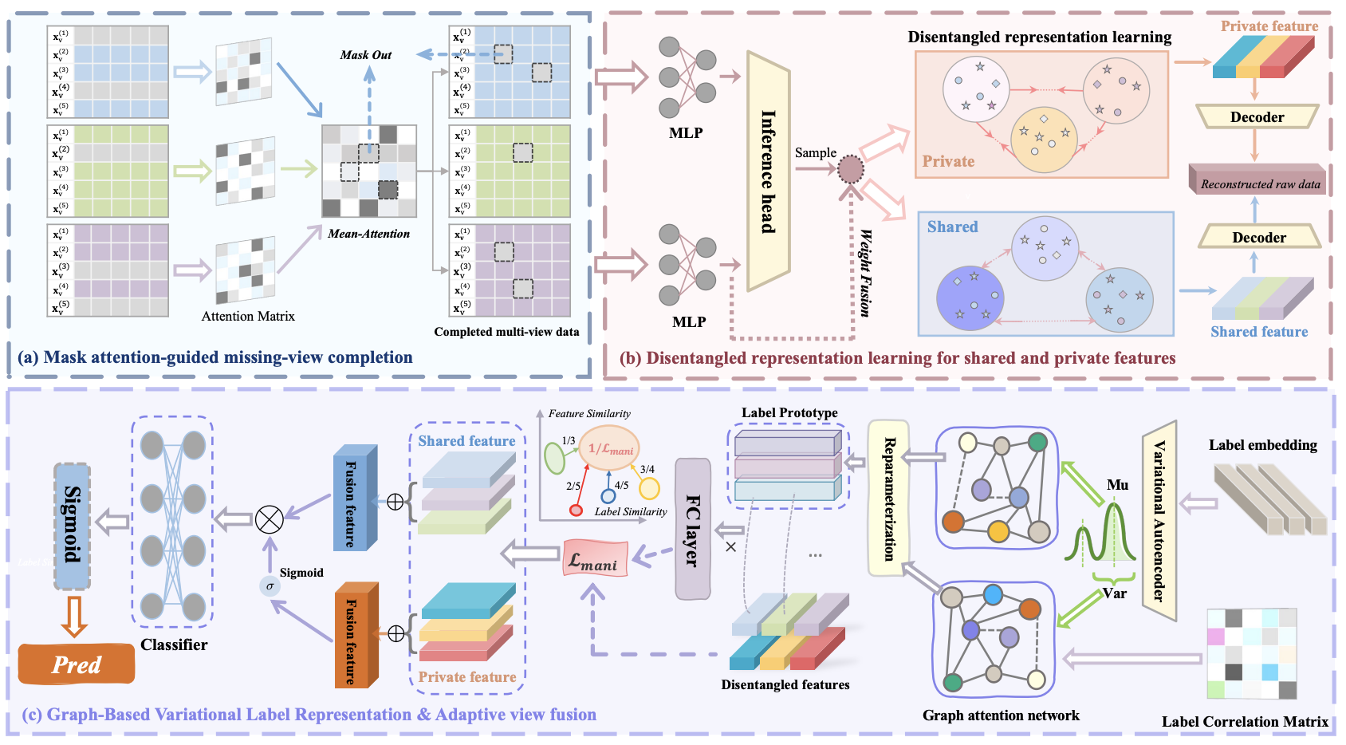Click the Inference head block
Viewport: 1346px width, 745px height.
coord(768,171)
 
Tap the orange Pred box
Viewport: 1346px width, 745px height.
coord(77,664)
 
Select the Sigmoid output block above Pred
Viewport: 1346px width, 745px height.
coord(72,526)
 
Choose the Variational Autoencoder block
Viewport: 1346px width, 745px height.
coord(1159,520)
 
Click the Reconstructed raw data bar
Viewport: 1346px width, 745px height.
coord(1257,182)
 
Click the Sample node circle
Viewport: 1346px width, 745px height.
coord(851,169)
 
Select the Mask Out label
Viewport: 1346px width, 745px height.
coord(365,55)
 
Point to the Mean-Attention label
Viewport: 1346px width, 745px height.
coord(368,234)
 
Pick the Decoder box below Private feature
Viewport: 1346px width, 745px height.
coord(1257,117)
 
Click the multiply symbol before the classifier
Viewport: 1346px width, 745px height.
coord(270,520)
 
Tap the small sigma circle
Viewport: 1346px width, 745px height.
coord(270,586)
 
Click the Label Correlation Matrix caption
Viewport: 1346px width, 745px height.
coord(1244,722)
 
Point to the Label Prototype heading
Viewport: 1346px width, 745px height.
coord(789,413)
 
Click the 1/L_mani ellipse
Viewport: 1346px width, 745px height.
coord(609,448)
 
